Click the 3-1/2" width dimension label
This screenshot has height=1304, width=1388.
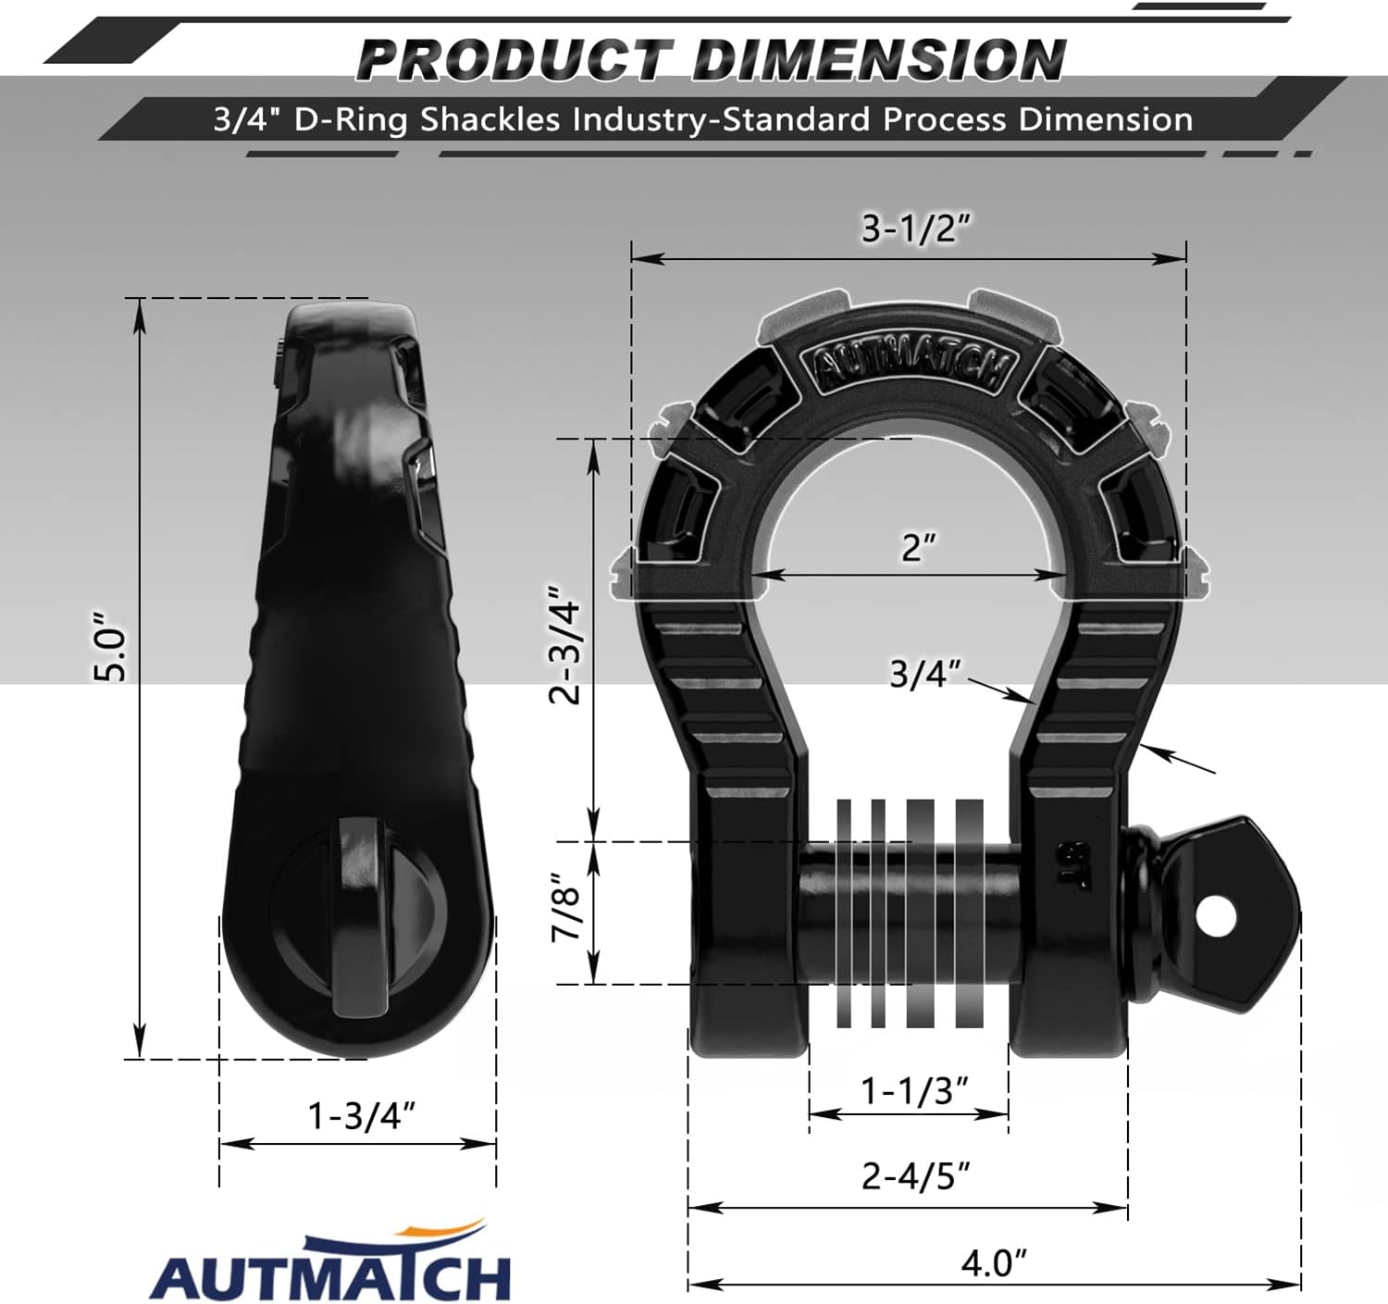click(915, 228)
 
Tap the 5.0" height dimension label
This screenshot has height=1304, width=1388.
click(111, 648)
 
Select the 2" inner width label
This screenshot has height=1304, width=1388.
click(918, 547)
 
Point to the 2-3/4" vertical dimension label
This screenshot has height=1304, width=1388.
click(565, 644)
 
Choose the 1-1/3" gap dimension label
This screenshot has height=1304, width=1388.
click(915, 1090)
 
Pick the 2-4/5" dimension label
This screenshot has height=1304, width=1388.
click(915, 1176)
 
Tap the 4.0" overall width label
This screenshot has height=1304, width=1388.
click(994, 1262)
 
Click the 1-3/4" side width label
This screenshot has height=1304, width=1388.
click(361, 1116)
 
